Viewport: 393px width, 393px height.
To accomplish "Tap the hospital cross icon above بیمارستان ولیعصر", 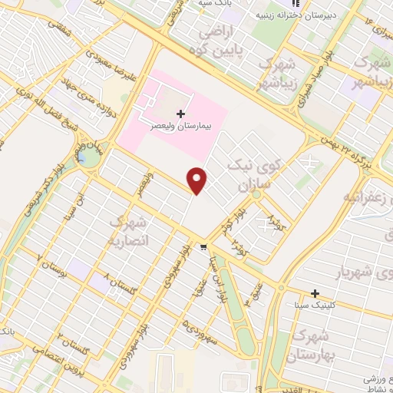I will pyautogui.click(x=181, y=113).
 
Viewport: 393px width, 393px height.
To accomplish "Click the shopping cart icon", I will pyautogui.click(x=203, y=247).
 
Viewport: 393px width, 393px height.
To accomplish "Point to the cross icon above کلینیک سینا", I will pyautogui.click(x=314, y=293).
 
